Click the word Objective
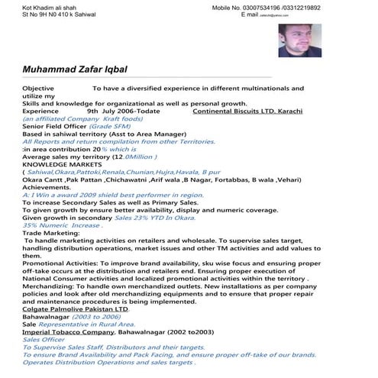point(38,89)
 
